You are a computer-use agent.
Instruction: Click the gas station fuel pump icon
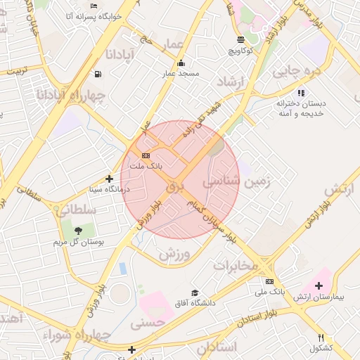pyautogui.click(x=96, y=74)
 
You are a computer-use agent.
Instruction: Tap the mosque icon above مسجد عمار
pyautogui.click(x=181, y=62)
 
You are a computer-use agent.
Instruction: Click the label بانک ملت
pyautogui.click(x=149, y=167)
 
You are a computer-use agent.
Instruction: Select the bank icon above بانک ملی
pyautogui.click(x=269, y=281)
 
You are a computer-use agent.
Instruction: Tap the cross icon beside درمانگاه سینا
pyautogui.click(x=109, y=179)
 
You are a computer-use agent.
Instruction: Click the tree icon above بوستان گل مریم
pyautogui.click(x=78, y=231)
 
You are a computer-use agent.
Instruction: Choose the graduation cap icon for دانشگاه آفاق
pyautogui.click(x=195, y=293)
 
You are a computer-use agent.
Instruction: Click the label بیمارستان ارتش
pyautogui.click(x=319, y=297)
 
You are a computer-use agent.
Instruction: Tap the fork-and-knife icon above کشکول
pyautogui.click(x=321, y=337)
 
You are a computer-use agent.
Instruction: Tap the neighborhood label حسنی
pyautogui.click(x=148, y=322)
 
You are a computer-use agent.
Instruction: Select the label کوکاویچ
pyautogui.click(x=243, y=51)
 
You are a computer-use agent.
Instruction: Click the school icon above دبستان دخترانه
pyautogui.click(x=301, y=92)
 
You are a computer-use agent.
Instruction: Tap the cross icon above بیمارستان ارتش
pyautogui.click(x=319, y=285)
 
